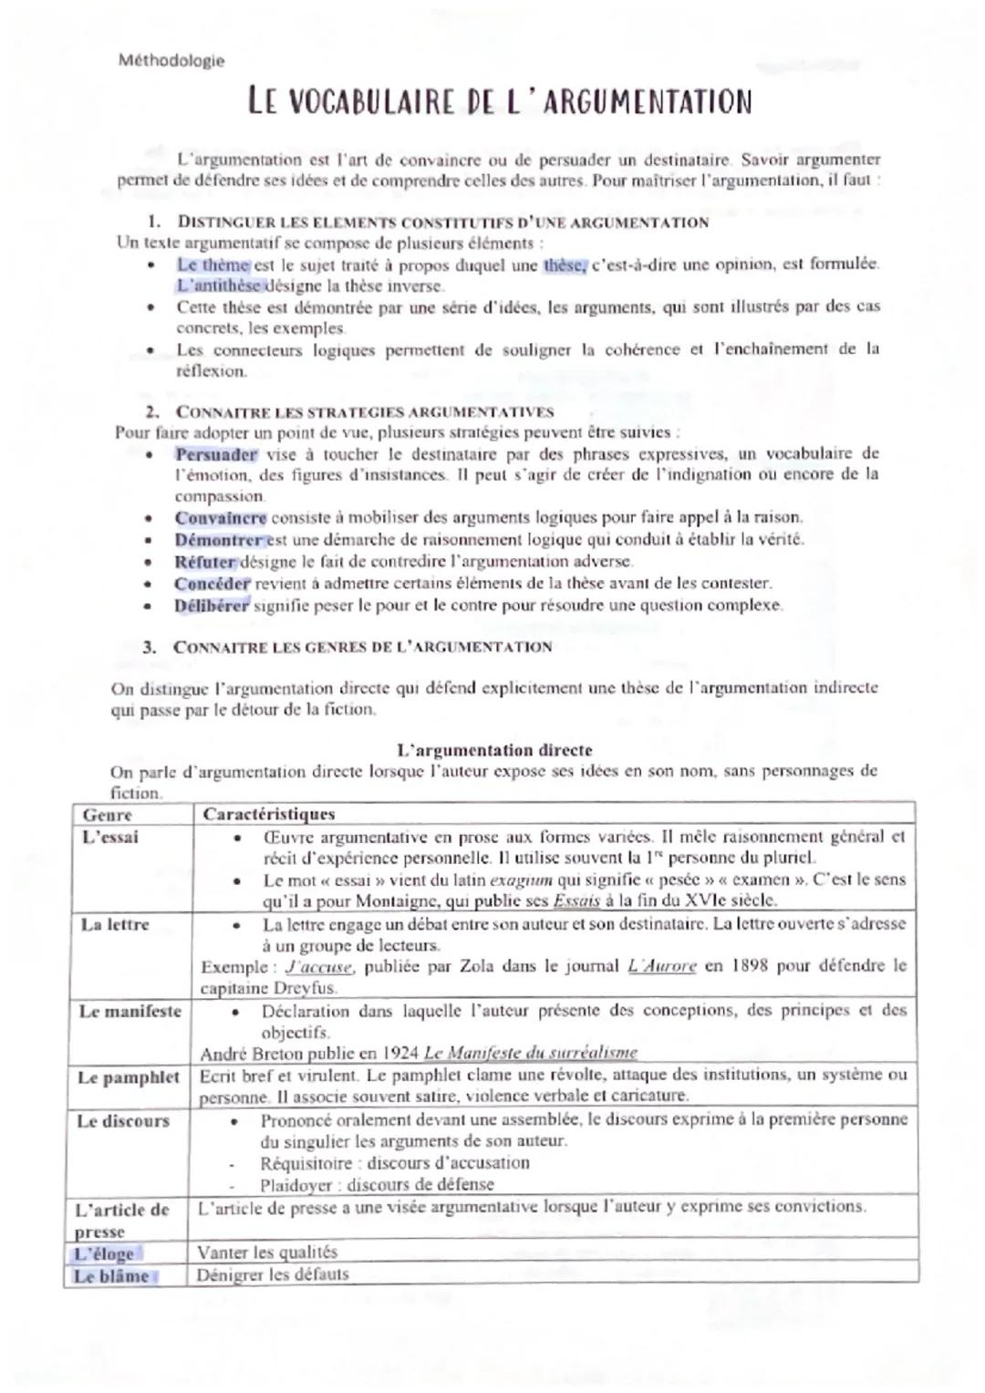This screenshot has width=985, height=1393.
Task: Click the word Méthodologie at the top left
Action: (171, 61)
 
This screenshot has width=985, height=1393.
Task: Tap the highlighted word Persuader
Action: (216, 454)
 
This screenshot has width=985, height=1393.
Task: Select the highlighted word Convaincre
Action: (221, 517)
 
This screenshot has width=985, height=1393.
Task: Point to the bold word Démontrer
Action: (219, 539)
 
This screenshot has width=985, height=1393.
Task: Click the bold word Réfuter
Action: (205, 561)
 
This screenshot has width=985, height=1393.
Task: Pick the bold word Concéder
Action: (212, 583)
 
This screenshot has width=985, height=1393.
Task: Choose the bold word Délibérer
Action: (212, 605)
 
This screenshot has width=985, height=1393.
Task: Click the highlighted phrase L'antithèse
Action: (219, 286)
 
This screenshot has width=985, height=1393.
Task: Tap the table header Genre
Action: (108, 815)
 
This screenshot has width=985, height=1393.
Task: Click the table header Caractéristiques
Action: (268, 814)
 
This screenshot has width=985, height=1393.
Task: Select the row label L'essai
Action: (109, 837)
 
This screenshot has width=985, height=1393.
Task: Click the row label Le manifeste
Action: (130, 1011)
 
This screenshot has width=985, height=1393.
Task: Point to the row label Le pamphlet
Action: (129, 1077)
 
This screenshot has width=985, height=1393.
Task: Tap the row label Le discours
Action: (123, 1120)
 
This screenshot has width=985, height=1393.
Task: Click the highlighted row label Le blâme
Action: (110, 1275)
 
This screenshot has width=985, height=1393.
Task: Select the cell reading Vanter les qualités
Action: (266, 1252)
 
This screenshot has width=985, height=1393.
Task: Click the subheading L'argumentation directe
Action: (494, 750)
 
